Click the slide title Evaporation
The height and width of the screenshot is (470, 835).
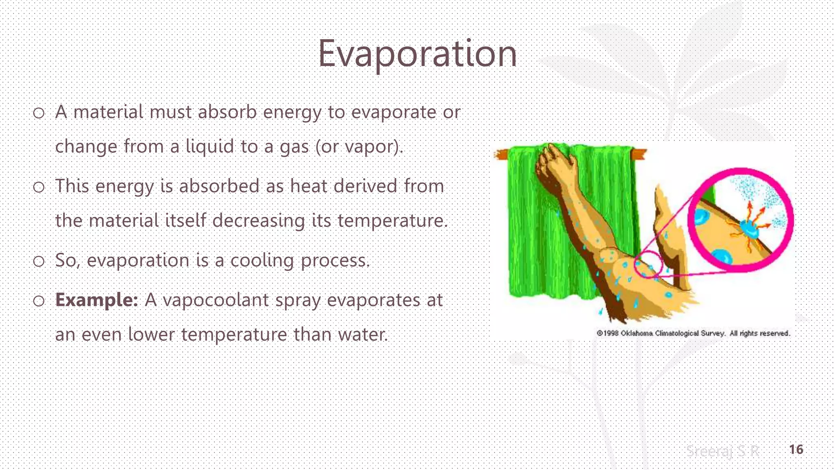(x=417, y=54)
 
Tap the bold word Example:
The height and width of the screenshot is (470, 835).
(x=97, y=300)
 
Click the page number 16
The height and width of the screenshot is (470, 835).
(x=796, y=450)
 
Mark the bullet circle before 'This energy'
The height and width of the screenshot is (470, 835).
(x=39, y=187)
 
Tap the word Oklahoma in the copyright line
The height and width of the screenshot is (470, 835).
(x=636, y=333)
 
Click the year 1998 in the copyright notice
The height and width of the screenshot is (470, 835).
(x=610, y=333)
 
